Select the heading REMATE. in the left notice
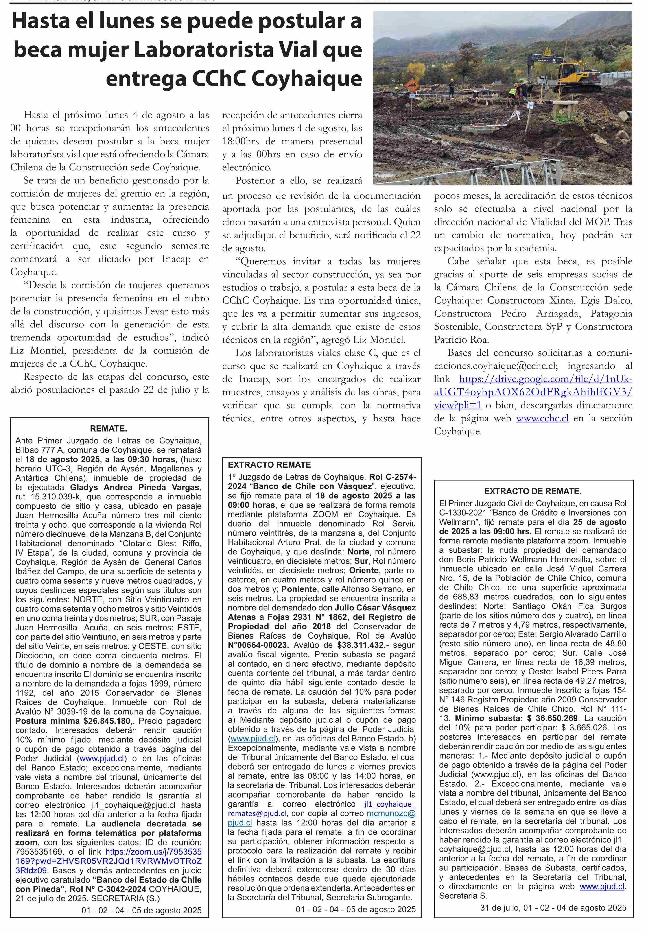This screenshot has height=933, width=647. pyautogui.click(x=109, y=429)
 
